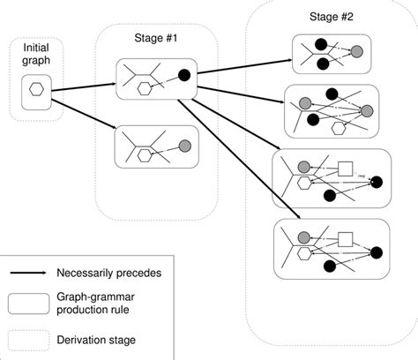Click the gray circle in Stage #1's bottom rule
pyautogui.click(x=185, y=146)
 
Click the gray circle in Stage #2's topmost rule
pyautogui.click(x=356, y=51)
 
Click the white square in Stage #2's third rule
pyautogui.click(x=346, y=167)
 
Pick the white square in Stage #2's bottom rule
pyautogui.click(x=346, y=236)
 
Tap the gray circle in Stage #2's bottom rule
pyautogui.click(x=303, y=236)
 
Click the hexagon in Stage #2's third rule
pyautogui.click(x=304, y=183)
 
